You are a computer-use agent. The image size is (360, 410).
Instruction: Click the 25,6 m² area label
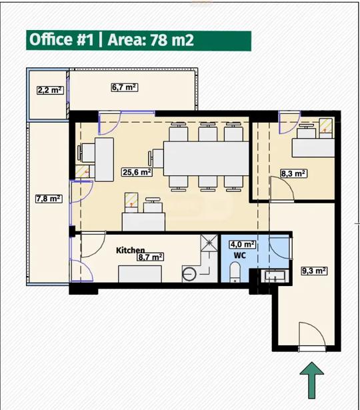click(137, 172)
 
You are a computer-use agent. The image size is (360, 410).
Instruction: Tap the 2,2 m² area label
click(50, 90)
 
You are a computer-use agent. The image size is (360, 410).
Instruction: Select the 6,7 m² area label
click(125, 87)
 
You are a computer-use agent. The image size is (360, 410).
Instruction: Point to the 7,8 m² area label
click(49, 199)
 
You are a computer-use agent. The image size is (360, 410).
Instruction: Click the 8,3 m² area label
click(293, 173)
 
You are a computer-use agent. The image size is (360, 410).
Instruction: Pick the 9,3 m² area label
click(314, 271)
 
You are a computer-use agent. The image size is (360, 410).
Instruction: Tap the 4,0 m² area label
click(243, 245)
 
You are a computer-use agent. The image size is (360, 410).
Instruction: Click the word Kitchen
click(130, 250)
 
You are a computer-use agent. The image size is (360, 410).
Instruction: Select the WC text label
click(240, 255)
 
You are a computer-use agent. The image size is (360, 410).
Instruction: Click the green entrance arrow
click(311, 380)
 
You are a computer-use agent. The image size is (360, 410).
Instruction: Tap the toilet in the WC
click(235, 273)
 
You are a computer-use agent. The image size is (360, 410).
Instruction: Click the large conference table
click(206, 159)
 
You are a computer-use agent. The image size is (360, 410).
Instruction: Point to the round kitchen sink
click(189, 274)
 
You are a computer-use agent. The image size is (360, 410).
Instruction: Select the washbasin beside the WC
click(275, 277)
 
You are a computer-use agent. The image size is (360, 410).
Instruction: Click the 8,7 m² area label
click(151, 257)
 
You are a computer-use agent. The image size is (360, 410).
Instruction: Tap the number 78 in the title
click(159, 40)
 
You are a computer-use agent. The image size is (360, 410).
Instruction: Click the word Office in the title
click(51, 39)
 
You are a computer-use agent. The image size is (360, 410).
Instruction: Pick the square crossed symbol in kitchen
click(209, 243)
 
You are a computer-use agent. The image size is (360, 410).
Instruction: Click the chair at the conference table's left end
click(156, 158)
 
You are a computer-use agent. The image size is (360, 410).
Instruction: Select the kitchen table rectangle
click(140, 274)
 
